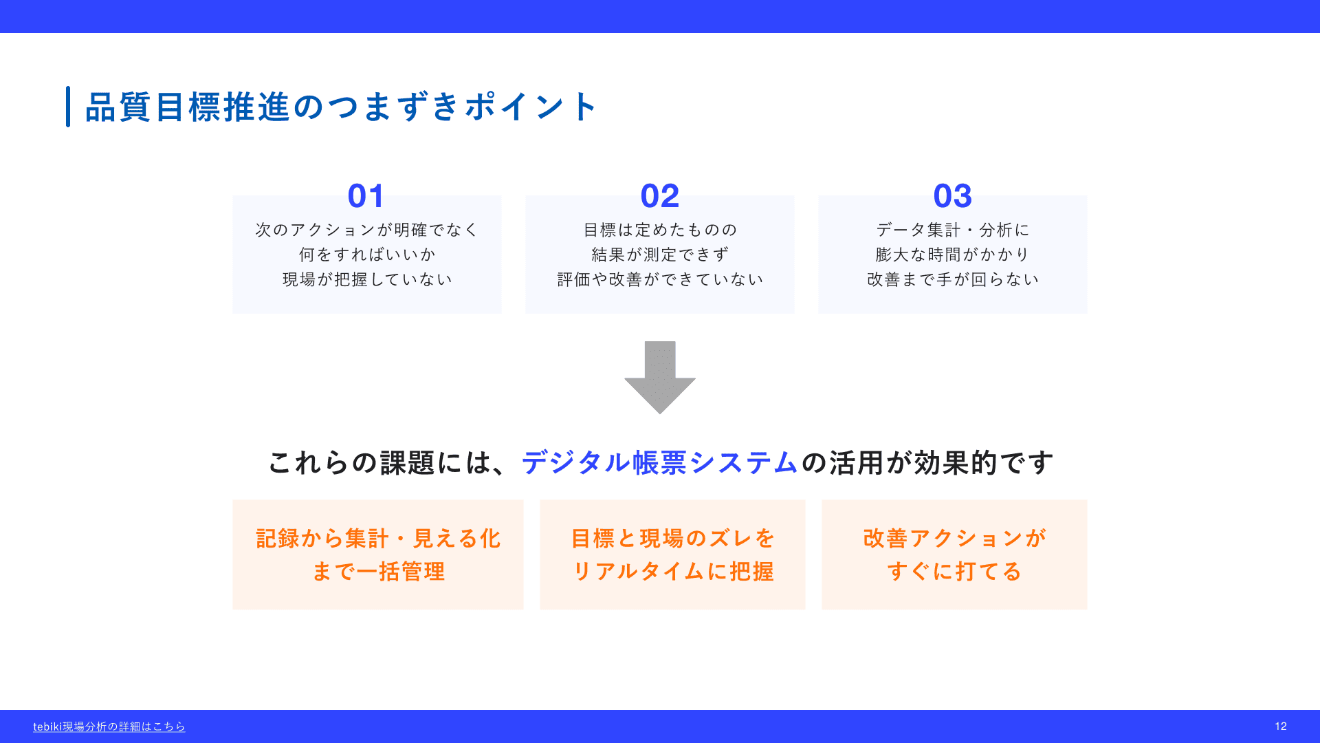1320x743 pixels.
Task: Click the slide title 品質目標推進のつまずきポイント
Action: [x=341, y=107]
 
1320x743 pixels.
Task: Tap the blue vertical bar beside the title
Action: [x=68, y=107]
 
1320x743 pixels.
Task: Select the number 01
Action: [x=366, y=196]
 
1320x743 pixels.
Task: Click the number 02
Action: [x=660, y=196]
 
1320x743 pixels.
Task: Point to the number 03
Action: [x=953, y=196]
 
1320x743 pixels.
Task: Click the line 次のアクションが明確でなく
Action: [x=367, y=230]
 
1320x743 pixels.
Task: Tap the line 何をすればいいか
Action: [x=367, y=255]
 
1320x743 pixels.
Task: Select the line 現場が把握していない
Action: [x=367, y=279]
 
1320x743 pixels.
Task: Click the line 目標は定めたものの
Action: [x=660, y=230]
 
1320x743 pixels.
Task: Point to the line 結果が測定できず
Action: [x=660, y=255]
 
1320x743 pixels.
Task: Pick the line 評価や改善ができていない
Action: [x=660, y=279]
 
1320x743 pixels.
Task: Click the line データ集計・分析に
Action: [x=953, y=230]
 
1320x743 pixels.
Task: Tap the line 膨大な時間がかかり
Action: [x=953, y=255]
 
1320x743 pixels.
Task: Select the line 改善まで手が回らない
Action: [x=953, y=279]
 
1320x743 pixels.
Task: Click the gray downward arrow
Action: [x=660, y=377]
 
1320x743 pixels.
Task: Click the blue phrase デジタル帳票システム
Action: [x=660, y=462]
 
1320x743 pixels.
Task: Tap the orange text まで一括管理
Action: [x=378, y=572]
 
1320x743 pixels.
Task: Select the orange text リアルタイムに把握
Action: [x=673, y=572]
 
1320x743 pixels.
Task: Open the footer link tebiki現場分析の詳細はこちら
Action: [x=109, y=726]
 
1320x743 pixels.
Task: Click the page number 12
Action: [x=1281, y=726]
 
